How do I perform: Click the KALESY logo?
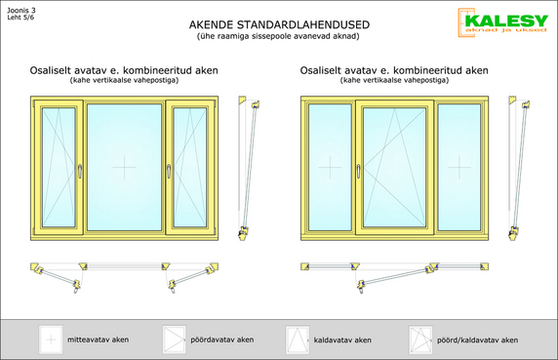click(x=502, y=22)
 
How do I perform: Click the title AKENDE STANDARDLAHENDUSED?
click(x=279, y=25)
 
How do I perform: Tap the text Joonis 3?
click(x=21, y=11)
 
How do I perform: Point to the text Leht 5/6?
click(x=20, y=18)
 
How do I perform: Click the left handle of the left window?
click(x=80, y=171)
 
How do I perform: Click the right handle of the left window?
click(x=169, y=171)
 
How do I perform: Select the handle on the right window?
click(x=358, y=171)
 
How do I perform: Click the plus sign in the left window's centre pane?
click(x=124, y=167)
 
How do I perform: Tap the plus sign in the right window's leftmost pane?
click(x=330, y=167)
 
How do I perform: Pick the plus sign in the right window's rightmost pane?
click(x=459, y=167)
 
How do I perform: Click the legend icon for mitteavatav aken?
click(x=51, y=340)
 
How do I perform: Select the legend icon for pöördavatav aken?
click(x=174, y=340)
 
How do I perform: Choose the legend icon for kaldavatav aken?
click(x=298, y=340)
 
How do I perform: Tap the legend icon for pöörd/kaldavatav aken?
click(x=420, y=340)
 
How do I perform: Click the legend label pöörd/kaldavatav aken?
click(x=478, y=340)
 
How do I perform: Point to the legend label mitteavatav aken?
click(x=99, y=340)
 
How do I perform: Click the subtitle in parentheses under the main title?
click(x=278, y=36)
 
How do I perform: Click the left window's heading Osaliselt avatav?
click(x=64, y=70)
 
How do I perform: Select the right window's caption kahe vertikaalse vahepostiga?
click(x=394, y=80)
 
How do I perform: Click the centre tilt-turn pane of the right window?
click(x=394, y=167)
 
